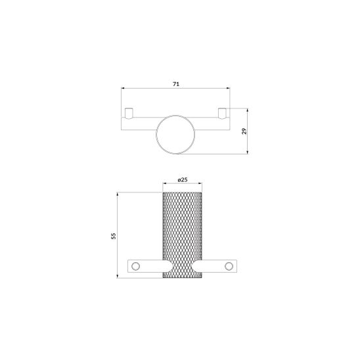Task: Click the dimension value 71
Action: point(176,84)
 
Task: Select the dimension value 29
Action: point(244,131)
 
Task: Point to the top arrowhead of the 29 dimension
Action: point(248,110)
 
